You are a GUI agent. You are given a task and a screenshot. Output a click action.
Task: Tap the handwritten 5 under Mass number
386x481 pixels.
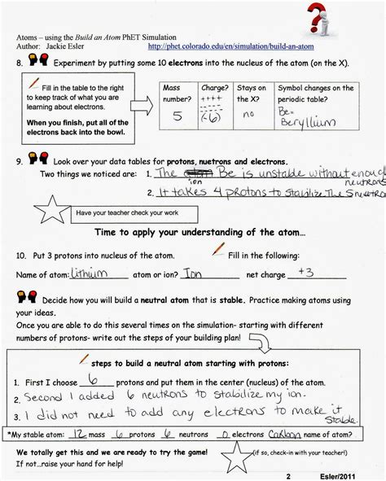coord(177,116)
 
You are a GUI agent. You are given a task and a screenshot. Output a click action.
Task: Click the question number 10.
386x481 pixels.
coord(21,255)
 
